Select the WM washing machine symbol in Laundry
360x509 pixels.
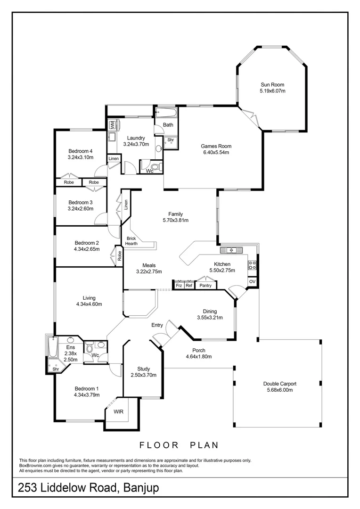tap(113, 125)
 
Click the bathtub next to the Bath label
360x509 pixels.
tap(166, 113)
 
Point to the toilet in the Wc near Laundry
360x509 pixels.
tap(156, 166)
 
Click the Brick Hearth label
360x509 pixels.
tap(131, 241)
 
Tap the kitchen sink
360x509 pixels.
tap(231, 249)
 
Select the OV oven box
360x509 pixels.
tap(252, 282)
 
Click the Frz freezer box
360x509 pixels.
tap(179, 286)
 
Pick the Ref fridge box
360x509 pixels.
tap(189, 286)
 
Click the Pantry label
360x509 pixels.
tap(205, 286)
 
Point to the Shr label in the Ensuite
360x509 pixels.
tap(56, 369)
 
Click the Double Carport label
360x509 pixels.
tap(279, 384)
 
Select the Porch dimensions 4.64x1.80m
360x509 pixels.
tap(198, 357)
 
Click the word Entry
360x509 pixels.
tap(157, 325)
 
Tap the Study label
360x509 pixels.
tap(143, 369)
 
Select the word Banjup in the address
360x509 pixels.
tap(141, 488)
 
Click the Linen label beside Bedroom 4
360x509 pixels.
tap(114, 159)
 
